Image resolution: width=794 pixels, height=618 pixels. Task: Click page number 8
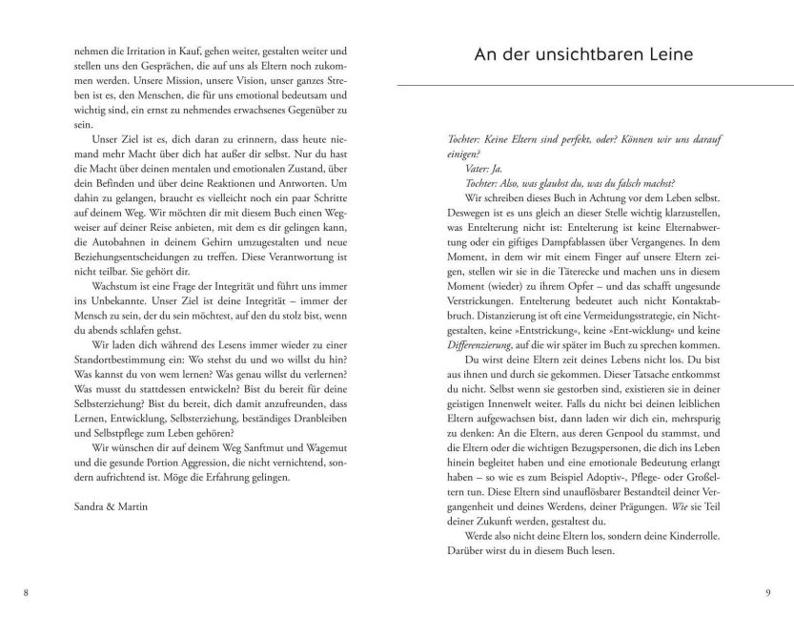26,593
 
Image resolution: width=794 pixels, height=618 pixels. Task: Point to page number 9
767,593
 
